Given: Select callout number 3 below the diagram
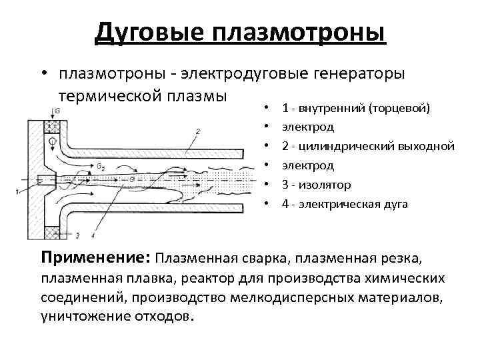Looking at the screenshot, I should (77, 235).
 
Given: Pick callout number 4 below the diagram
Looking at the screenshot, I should (92, 235).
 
